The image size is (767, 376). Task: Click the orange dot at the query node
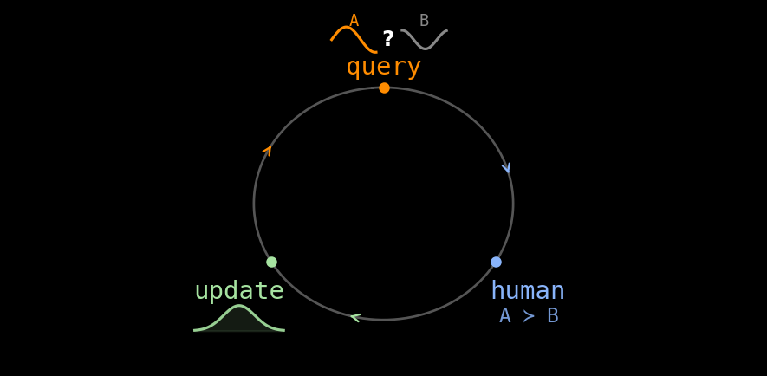(385, 88)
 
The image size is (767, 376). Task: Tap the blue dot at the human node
(496, 263)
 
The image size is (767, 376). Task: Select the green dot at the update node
(271, 263)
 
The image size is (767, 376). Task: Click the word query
(383, 67)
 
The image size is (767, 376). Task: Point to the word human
(527, 290)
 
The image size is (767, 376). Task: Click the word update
(239, 291)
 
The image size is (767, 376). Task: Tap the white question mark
(388, 38)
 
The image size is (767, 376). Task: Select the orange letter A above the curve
(354, 21)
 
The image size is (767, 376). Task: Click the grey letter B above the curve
(424, 21)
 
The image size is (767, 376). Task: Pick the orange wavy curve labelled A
(354, 39)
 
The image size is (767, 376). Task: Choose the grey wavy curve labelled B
(424, 39)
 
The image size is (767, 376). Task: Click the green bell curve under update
(239, 318)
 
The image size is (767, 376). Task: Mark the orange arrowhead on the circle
(268, 150)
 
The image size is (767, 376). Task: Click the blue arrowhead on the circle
(506, 168)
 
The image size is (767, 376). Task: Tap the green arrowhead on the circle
(355, 318)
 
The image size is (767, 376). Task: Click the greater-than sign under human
(529, 316)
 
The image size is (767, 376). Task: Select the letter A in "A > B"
(504, 316)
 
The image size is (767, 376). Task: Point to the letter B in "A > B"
(553, 316)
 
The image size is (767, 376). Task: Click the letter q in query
(354, 68)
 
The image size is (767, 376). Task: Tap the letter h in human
(498, 290)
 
